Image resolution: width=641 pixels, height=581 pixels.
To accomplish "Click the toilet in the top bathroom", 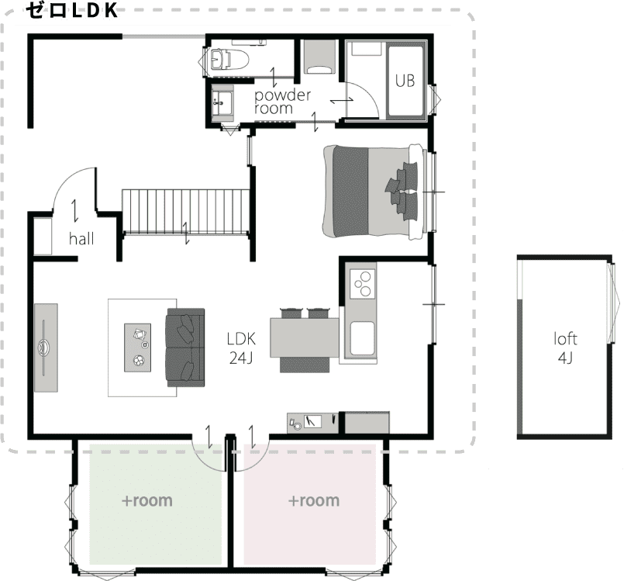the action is pos(229,61).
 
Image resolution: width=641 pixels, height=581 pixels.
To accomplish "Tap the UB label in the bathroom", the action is pos(405,81).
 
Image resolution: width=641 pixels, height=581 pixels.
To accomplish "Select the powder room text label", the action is pos(282,102).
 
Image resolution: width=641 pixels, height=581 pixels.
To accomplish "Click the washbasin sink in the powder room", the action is pos(222,103).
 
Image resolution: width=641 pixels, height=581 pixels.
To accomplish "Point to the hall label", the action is pos(81,239).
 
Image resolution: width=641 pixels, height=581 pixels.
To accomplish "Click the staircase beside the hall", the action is pos(186,212).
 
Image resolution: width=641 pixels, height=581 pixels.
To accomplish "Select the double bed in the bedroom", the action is pos(374,192).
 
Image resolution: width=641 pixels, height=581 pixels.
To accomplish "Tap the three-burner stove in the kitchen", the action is pos(363,283).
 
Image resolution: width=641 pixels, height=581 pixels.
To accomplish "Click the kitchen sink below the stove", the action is pos(362,338).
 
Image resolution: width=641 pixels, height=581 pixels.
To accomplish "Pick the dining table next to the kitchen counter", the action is pos(305,338).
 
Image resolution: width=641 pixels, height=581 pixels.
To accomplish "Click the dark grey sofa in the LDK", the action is pos(184,348).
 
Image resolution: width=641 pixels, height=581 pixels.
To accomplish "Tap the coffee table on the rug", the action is pos(138,348).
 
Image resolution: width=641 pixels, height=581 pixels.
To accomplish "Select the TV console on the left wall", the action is pos(46,348).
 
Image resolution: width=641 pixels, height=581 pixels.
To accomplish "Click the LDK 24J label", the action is pos(241,348).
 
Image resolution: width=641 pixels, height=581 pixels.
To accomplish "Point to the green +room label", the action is pos(147,500).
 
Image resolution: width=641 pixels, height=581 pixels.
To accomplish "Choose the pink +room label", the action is pos(314,500).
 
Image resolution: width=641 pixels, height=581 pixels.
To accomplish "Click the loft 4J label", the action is pos(565,348).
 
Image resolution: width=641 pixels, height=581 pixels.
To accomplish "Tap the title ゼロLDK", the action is pos(72,10).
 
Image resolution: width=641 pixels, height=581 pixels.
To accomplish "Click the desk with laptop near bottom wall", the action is pos(312,423).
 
